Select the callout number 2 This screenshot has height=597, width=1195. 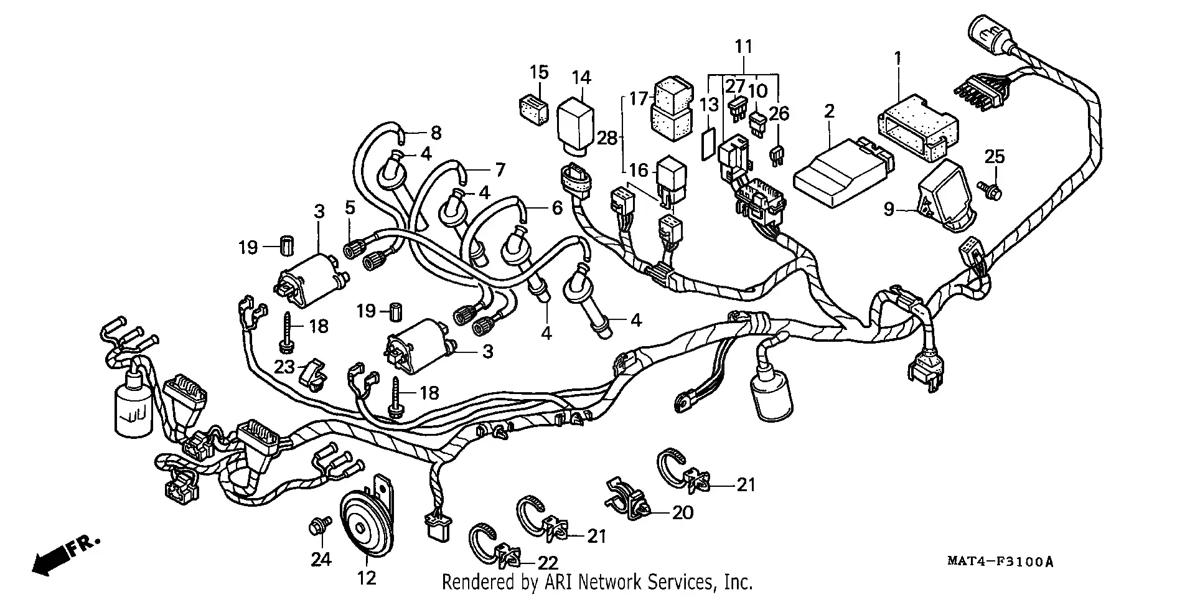tap(828, 112)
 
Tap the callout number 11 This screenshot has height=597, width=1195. tap(744, 47)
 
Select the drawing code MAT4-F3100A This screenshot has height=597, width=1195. tap(1000, 562)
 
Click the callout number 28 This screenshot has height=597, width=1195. tap(606, 138)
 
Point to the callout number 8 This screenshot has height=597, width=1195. tap(436, 133)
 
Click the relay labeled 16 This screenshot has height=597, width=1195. tap(671, 181)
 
